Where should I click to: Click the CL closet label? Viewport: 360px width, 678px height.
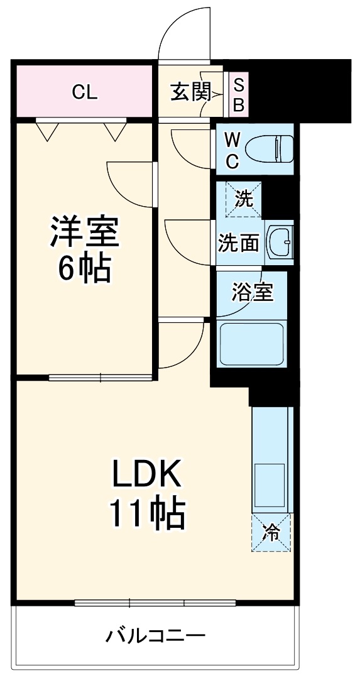pyautogui.click(x=84, y=93)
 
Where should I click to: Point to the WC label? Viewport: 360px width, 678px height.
pyautogui.click(x=232, y=150)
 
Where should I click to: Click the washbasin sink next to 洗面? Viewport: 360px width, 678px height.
pyautogui.click(x=280, y=241)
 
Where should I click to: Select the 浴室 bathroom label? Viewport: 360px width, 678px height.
pyautogui.click(x=253, y=291)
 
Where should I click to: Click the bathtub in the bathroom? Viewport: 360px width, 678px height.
pyautogui.click(x=251, y=342)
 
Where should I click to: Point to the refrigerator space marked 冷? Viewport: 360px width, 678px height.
pyautogui.click(x=272, y=533)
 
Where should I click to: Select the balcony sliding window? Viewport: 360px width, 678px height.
pyautogui.click(x=155, y=603)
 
